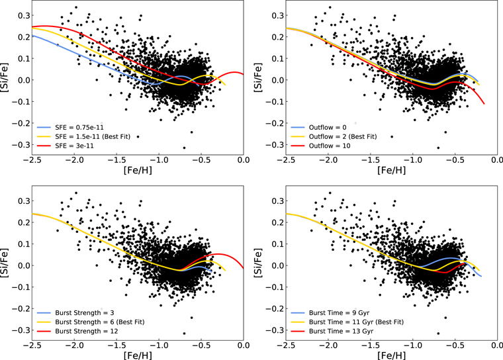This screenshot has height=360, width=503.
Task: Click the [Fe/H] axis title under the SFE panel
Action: [138, 170]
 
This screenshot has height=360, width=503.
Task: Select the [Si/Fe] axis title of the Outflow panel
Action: [258, 78]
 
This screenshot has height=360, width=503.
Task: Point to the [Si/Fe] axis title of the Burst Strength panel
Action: [4, 263]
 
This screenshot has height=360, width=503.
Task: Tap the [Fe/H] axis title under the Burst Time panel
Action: [392, 355]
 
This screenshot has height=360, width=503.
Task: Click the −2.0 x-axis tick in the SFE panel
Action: [74, 159]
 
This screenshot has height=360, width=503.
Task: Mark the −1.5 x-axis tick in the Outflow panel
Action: [371, 159]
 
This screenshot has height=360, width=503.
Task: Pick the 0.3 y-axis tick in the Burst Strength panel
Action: [23, 201]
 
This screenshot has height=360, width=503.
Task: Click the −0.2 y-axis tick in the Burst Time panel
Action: [274, 308]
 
